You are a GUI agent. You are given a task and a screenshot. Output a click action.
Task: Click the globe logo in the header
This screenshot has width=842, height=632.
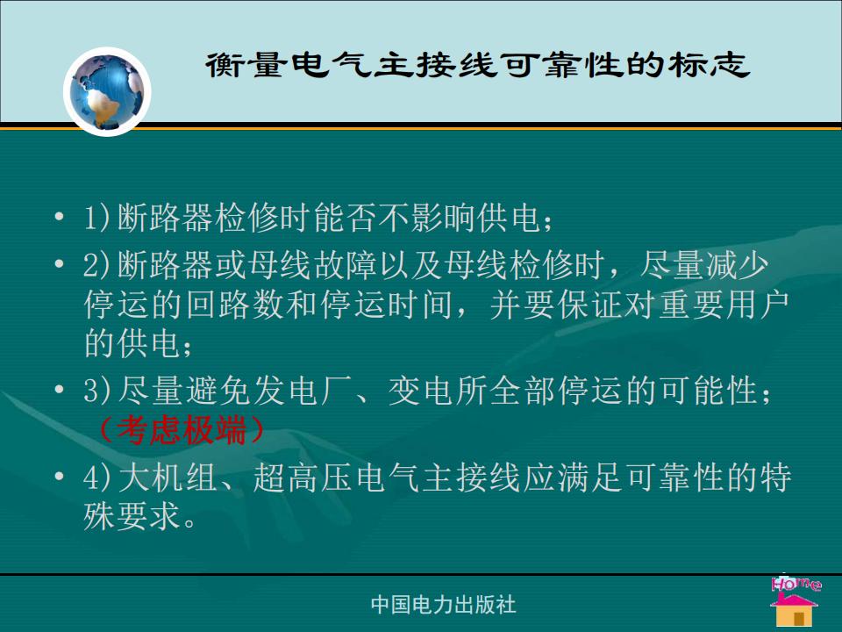[x=107, y=91]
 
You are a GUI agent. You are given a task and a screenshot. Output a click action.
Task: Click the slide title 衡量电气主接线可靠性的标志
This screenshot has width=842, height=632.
[x=477, y=65]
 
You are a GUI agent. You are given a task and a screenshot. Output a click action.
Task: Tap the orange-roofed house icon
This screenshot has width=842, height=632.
[x=795, y=610]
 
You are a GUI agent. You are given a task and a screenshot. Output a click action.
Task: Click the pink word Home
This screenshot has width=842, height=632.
[x=796, y=583]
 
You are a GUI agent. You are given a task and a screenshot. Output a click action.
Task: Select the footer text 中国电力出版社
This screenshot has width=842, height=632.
[x=444, y=605]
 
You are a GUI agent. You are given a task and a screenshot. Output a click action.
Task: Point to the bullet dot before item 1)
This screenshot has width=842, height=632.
[x=60, y=217]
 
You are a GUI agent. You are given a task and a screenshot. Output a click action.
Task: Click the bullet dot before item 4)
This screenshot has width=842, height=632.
[x=60, y=477]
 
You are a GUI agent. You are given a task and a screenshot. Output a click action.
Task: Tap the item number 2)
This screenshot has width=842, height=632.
[x=96, y=264]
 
